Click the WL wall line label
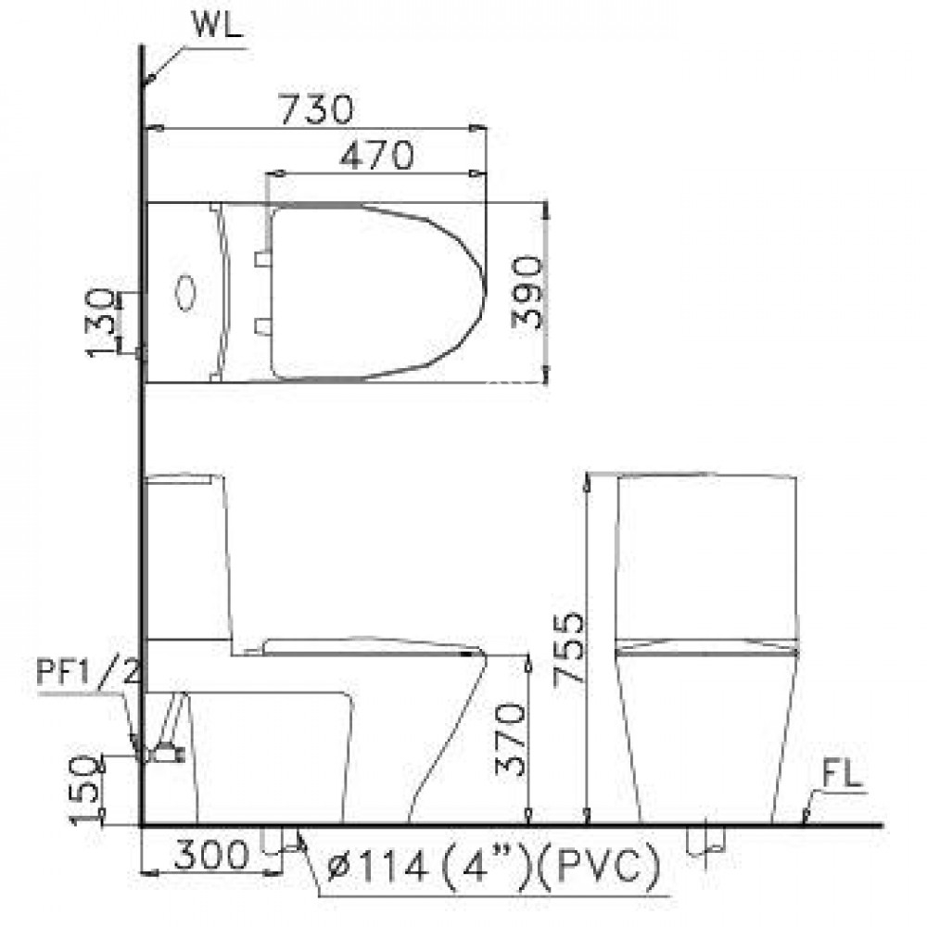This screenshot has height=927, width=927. pyautogui.click(x=216, y=26)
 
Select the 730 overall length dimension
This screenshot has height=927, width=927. pyautogui.click(x=318, y=110)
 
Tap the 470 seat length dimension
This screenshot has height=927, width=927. pyautogui.click(x=375, y=156)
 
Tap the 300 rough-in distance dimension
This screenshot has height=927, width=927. pyautogui.click(x=211, y=855)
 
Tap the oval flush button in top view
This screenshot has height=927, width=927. pyautogui.click(x=186, y=291)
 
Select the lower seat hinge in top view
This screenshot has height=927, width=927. pyautogui.click(x=262, y=324)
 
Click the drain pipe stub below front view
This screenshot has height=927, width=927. pyautogui.click(x=273, y=839)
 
